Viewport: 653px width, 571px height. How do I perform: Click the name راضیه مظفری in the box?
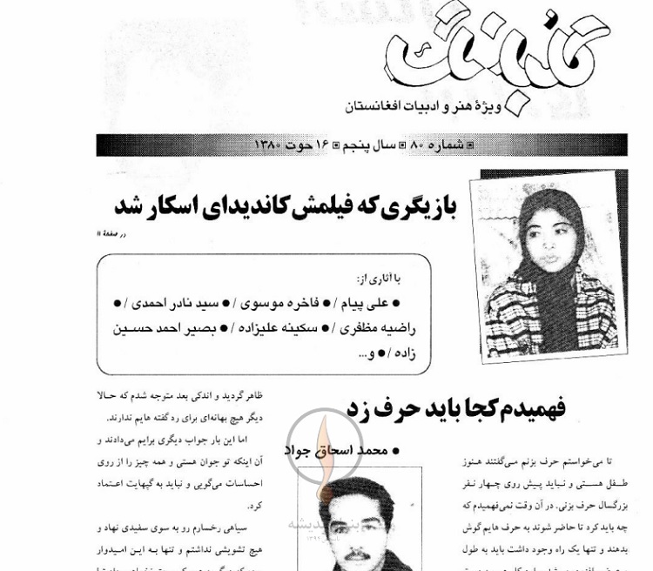click(379, 328)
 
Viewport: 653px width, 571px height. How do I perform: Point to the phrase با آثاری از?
click(378, 279)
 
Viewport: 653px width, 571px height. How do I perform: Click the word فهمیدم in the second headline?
click(528, 407)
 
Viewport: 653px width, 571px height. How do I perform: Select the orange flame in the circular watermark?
click(324, 444)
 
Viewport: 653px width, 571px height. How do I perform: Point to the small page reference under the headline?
click(112, 233)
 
